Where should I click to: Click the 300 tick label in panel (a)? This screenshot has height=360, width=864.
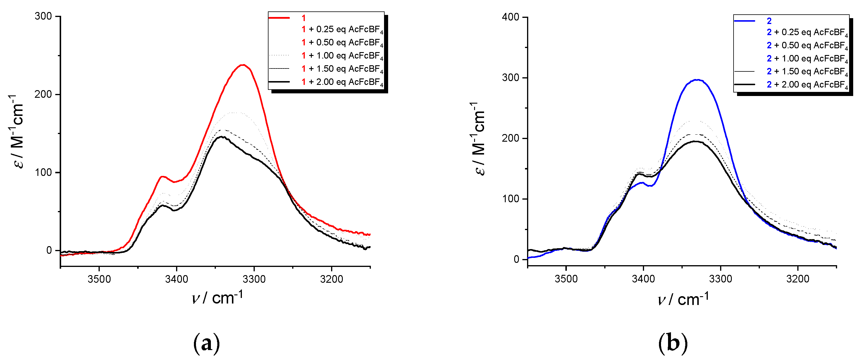tap(43, 16)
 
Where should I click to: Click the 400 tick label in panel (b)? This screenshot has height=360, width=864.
tap(510, 17)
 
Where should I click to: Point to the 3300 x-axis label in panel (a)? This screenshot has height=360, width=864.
tap(254, 279)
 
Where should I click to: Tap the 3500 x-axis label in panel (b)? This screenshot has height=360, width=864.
tap(566, 279)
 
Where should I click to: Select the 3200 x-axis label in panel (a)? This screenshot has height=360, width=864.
tap(331, 279)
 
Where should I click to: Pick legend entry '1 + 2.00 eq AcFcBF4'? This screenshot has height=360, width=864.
tap(342, 82)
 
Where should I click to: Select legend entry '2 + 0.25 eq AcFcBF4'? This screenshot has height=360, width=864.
tap(807, 32)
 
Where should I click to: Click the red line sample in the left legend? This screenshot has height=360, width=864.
tap(279, 18)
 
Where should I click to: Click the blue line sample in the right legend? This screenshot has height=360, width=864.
tap(744, 21)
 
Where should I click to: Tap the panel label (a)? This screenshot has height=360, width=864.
tap(206, 343)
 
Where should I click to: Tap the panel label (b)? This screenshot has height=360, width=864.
tap(672, 343)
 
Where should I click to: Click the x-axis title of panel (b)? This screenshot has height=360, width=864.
tap(683, 299)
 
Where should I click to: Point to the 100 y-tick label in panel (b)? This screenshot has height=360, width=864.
tap(510, 199)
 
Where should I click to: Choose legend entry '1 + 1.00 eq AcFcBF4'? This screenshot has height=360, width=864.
tap(342, 56)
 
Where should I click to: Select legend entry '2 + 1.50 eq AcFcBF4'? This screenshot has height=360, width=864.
tap(807, 71)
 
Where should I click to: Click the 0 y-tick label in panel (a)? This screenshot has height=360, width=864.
tap(49, 250)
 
